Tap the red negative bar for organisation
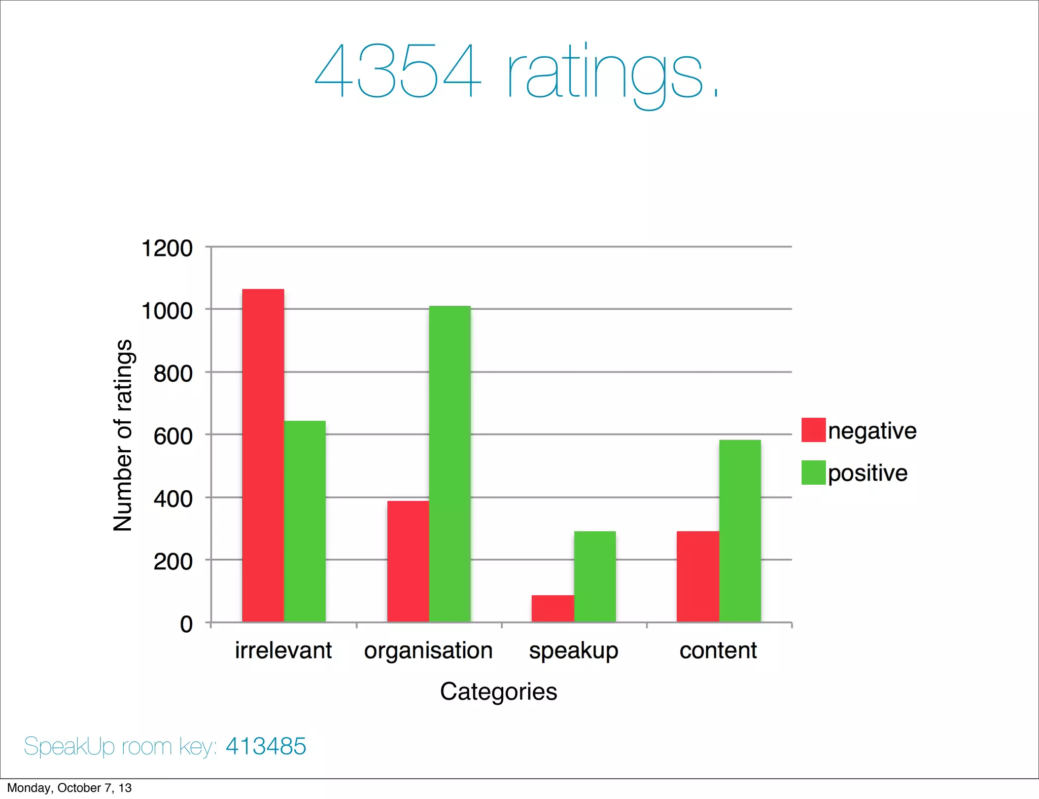(408, 561)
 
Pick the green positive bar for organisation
(449, 464)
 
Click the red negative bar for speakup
(552, 608)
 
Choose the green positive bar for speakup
(595, 576)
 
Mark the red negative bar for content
(698, 576)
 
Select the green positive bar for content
(740, 531)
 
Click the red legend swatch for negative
(813, 430)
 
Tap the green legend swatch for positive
(813, 473)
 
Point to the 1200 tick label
(167, 248)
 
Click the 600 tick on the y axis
(173, 436)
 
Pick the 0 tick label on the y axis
(186, 624)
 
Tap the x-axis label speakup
(573, 650)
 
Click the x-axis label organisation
(428, 650)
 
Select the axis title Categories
(498, 692)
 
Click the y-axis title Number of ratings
(123, 435)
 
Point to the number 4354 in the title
(397, 71)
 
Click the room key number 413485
(266, 746)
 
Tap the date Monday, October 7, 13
(70, 788)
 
